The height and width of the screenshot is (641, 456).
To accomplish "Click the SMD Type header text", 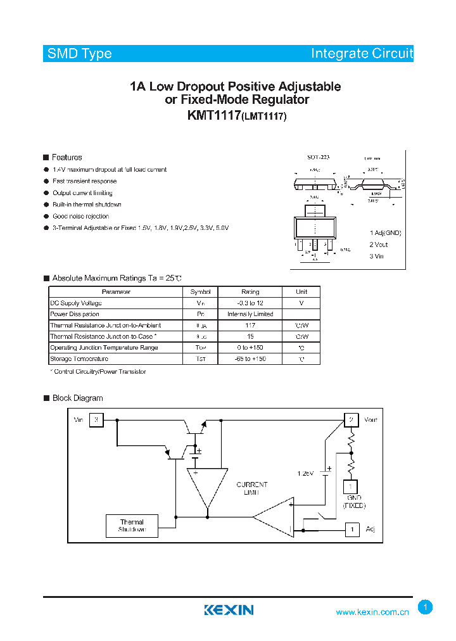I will click(80, 54).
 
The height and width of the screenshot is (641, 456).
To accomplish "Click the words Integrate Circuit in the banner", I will click(361, 54).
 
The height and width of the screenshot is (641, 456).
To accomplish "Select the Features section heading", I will click(66, 157).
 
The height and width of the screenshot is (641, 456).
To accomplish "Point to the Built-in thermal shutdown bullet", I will click(87, 205).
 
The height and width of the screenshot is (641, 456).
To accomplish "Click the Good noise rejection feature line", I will click(80, 216).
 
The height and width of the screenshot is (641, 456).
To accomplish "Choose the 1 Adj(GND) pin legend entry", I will click(385, 232).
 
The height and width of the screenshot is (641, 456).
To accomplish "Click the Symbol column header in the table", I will click(200, 292).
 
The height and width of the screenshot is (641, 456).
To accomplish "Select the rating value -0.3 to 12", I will click(250, 303).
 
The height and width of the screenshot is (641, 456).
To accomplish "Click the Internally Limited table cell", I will click(250, 314).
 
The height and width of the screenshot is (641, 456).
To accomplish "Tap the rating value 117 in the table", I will click(250, 325).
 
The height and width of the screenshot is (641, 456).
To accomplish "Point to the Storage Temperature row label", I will click(79, 359).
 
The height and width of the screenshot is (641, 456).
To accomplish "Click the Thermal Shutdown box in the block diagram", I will click(132, 526).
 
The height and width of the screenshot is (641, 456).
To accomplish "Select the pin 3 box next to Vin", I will click(96, 420).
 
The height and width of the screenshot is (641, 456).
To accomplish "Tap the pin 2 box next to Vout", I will click(351, 420).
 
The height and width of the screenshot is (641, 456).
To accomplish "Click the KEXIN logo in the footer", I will click(229, 610).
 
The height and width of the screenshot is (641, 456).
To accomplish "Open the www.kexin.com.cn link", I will click(372, 612).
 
